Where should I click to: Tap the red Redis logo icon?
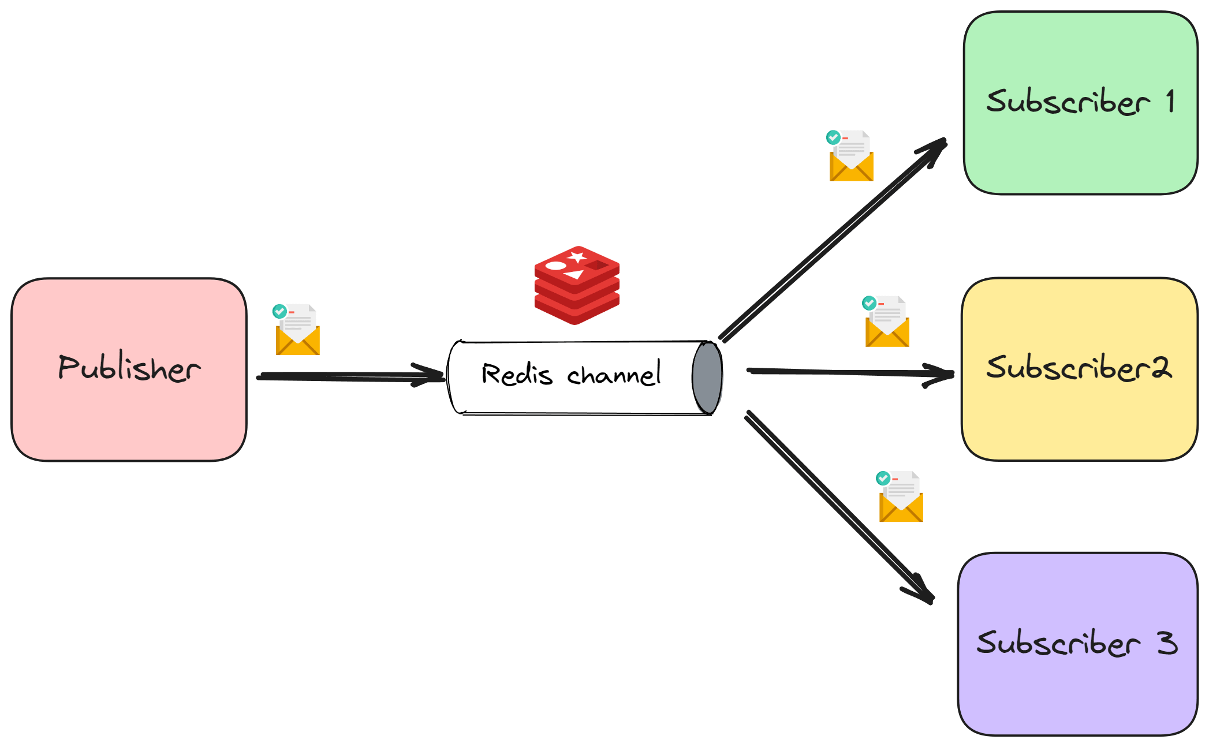(577, 285)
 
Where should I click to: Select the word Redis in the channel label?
(517, 374)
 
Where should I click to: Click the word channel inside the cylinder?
(614, 374)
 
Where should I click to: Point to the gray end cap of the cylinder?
(707, 378)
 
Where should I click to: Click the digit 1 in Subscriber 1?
(1170, 101)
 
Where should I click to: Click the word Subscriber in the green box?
(1068, 102)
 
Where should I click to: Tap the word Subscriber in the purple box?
(1058, 643)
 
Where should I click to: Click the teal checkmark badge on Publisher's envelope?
(279, 311)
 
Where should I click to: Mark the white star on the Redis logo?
(577, 257)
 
